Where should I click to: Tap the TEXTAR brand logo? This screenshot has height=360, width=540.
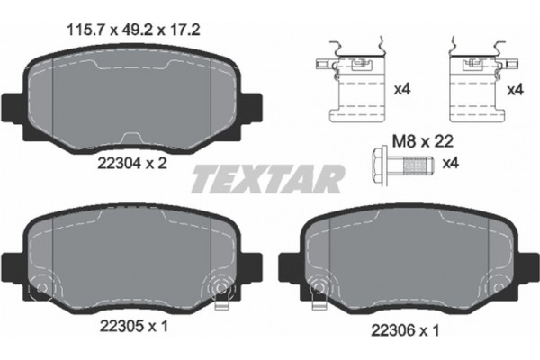[x=266, y=178]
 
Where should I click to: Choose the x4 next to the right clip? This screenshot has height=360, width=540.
[x=516, y=92]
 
